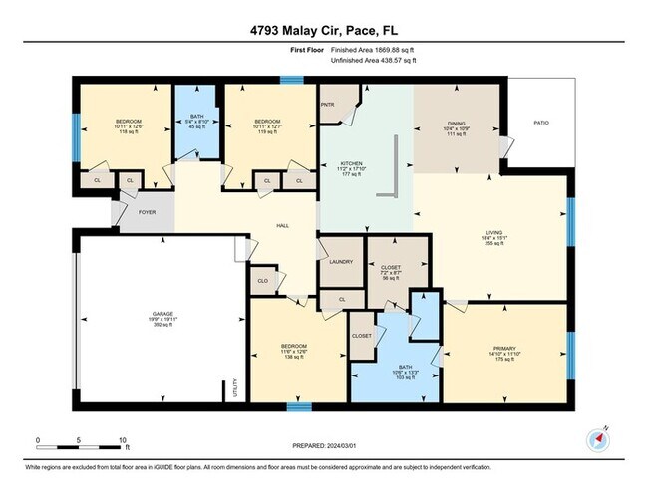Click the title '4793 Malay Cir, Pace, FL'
pos(323,30)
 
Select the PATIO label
pos(540,123)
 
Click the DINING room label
pos(456,125)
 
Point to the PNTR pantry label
pos(327,104)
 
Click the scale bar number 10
pos(122,439)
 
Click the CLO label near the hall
pos(262,281)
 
